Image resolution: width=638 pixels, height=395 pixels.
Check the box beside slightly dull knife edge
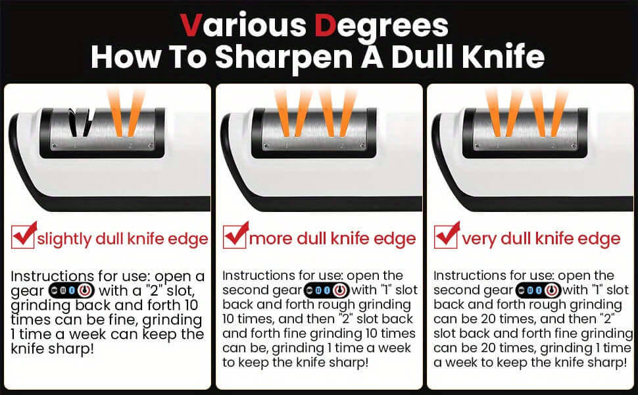[x=24, y=236]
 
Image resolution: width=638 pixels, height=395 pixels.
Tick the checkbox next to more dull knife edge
[x=235, y=236]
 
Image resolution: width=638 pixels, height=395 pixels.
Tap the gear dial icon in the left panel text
[x=76, y=290]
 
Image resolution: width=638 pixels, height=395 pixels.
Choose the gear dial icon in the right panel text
[x=535, y=290]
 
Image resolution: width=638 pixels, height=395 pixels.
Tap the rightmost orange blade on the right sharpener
[x=558, y=112]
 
